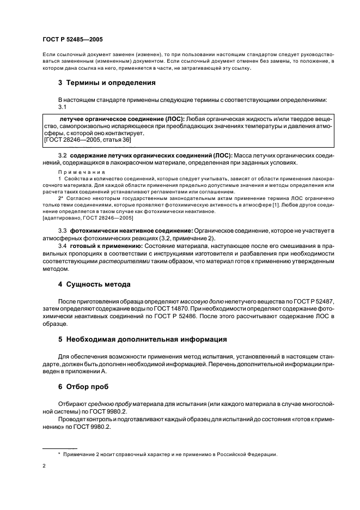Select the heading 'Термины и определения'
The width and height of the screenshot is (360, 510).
click(x=107, y=83)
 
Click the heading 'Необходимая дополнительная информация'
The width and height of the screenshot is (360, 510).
click(x=142, y=339)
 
